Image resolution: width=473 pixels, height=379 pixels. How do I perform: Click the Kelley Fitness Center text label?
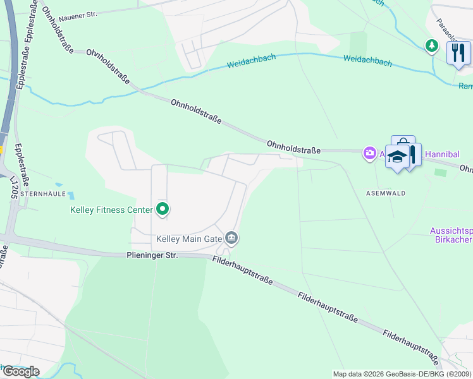[x=111, y=210]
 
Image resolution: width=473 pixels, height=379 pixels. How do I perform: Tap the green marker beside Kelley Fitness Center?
[x=163, y=208]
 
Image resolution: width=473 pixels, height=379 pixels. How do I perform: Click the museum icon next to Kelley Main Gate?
[x=231, y=238]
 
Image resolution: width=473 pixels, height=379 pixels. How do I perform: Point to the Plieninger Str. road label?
[x=152, y=255]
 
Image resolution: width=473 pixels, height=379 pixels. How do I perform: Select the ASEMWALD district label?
[x=385, y=193]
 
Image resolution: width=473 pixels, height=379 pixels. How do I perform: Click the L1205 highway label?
[x=13, y=188]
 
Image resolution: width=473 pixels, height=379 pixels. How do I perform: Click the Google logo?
[x=20, y=371]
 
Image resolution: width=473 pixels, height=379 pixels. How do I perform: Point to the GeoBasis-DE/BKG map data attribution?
[x=403, y=374]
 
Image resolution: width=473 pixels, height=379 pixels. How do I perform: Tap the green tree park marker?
[x=431, y=45]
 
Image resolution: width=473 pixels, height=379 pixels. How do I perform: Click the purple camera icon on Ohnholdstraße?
[x=369, y=152]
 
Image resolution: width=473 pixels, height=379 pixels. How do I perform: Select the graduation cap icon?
[x=396, y=156]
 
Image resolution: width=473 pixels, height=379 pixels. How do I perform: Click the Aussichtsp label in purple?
[x=451, y=230]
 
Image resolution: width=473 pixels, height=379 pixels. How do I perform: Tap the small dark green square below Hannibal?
[x=440, y=172]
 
